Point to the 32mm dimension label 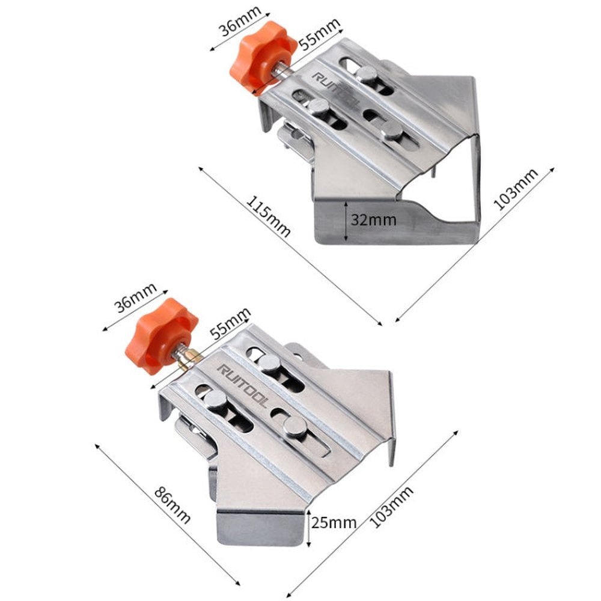[374, 220]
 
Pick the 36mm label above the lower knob [136, 298]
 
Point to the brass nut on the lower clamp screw [189, 359]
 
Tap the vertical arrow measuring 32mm [346, 222]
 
